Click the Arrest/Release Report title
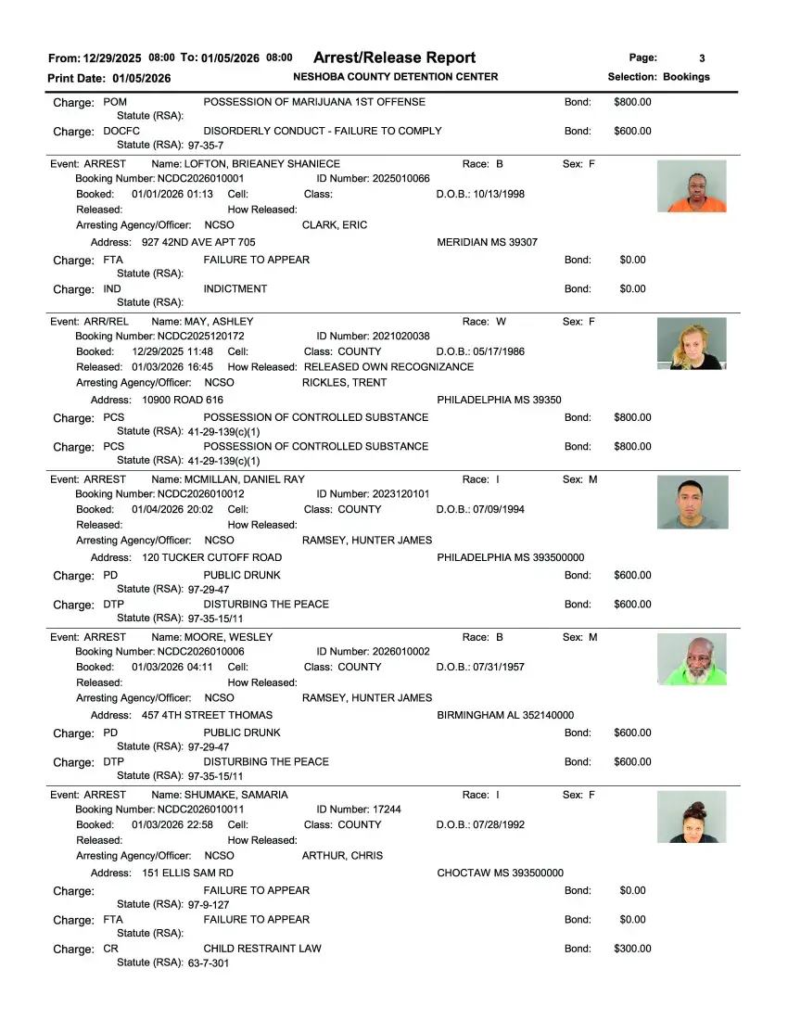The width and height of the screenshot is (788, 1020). point(394,57)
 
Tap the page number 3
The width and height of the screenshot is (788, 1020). point(702,58)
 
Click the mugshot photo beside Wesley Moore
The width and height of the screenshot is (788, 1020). point(692,659)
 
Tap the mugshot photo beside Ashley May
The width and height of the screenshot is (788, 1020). point(692,344)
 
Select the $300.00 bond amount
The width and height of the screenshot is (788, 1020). point(632,949)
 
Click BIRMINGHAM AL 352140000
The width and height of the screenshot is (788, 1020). point(505,715)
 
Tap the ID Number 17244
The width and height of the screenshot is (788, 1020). point(385,810)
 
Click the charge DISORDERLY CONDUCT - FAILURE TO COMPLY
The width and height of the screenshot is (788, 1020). point(322,131)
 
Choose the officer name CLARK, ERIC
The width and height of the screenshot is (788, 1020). point(335,225)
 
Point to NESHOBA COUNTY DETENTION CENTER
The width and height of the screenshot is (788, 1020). point(395,77)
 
